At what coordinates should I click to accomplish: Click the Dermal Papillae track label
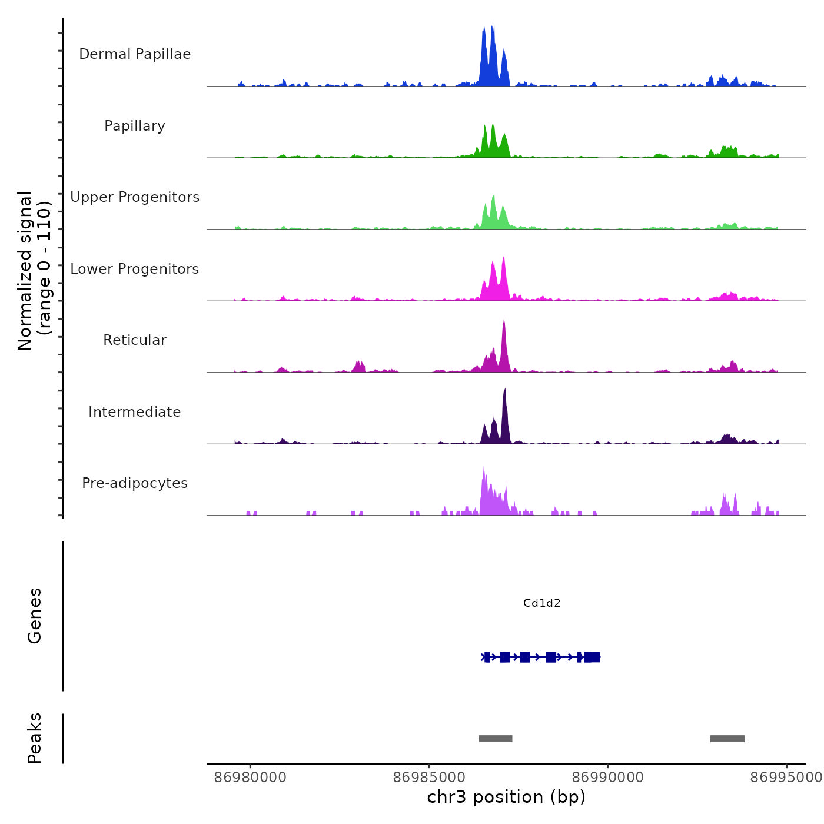pyautogui.click(x=135, y=54)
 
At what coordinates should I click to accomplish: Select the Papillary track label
pyautogui.click(x=135, y=126)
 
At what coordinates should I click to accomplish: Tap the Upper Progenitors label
pyautogui.click(x=135, y=197)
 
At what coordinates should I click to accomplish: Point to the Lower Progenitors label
pyautogui.click(x=135, y=269)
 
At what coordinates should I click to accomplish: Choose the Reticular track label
pyautogui.click(x=135, y=340)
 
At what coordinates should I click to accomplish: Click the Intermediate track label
pyautogui.click(x=135, y=412)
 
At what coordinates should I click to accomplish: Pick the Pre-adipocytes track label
pyautogui.click(x=135, y=483)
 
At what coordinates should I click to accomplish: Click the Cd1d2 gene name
pyautogui.click(x=541, y=603)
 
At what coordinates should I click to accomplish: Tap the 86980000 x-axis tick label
pyautogui.click(x=250, y=778)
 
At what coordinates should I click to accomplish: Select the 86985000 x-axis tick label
pyautogui.click(x=429, y=778)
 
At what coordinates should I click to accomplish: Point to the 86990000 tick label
pyautogui.click(x=607, y=778)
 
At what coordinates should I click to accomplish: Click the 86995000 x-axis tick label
pyautogui.click(x=786, y=778)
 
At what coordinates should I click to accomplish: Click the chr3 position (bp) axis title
pyautogui.click(x=506, y=797)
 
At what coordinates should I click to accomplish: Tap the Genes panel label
pyautogui.click(x=35, y=616)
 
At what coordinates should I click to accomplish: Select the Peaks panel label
pyautogui.click(x=35, y=738)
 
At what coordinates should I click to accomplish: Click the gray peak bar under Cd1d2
pyautogui.click(x=496, y=739)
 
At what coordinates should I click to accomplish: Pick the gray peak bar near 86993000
pyautogui.click(x=727, y=739)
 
